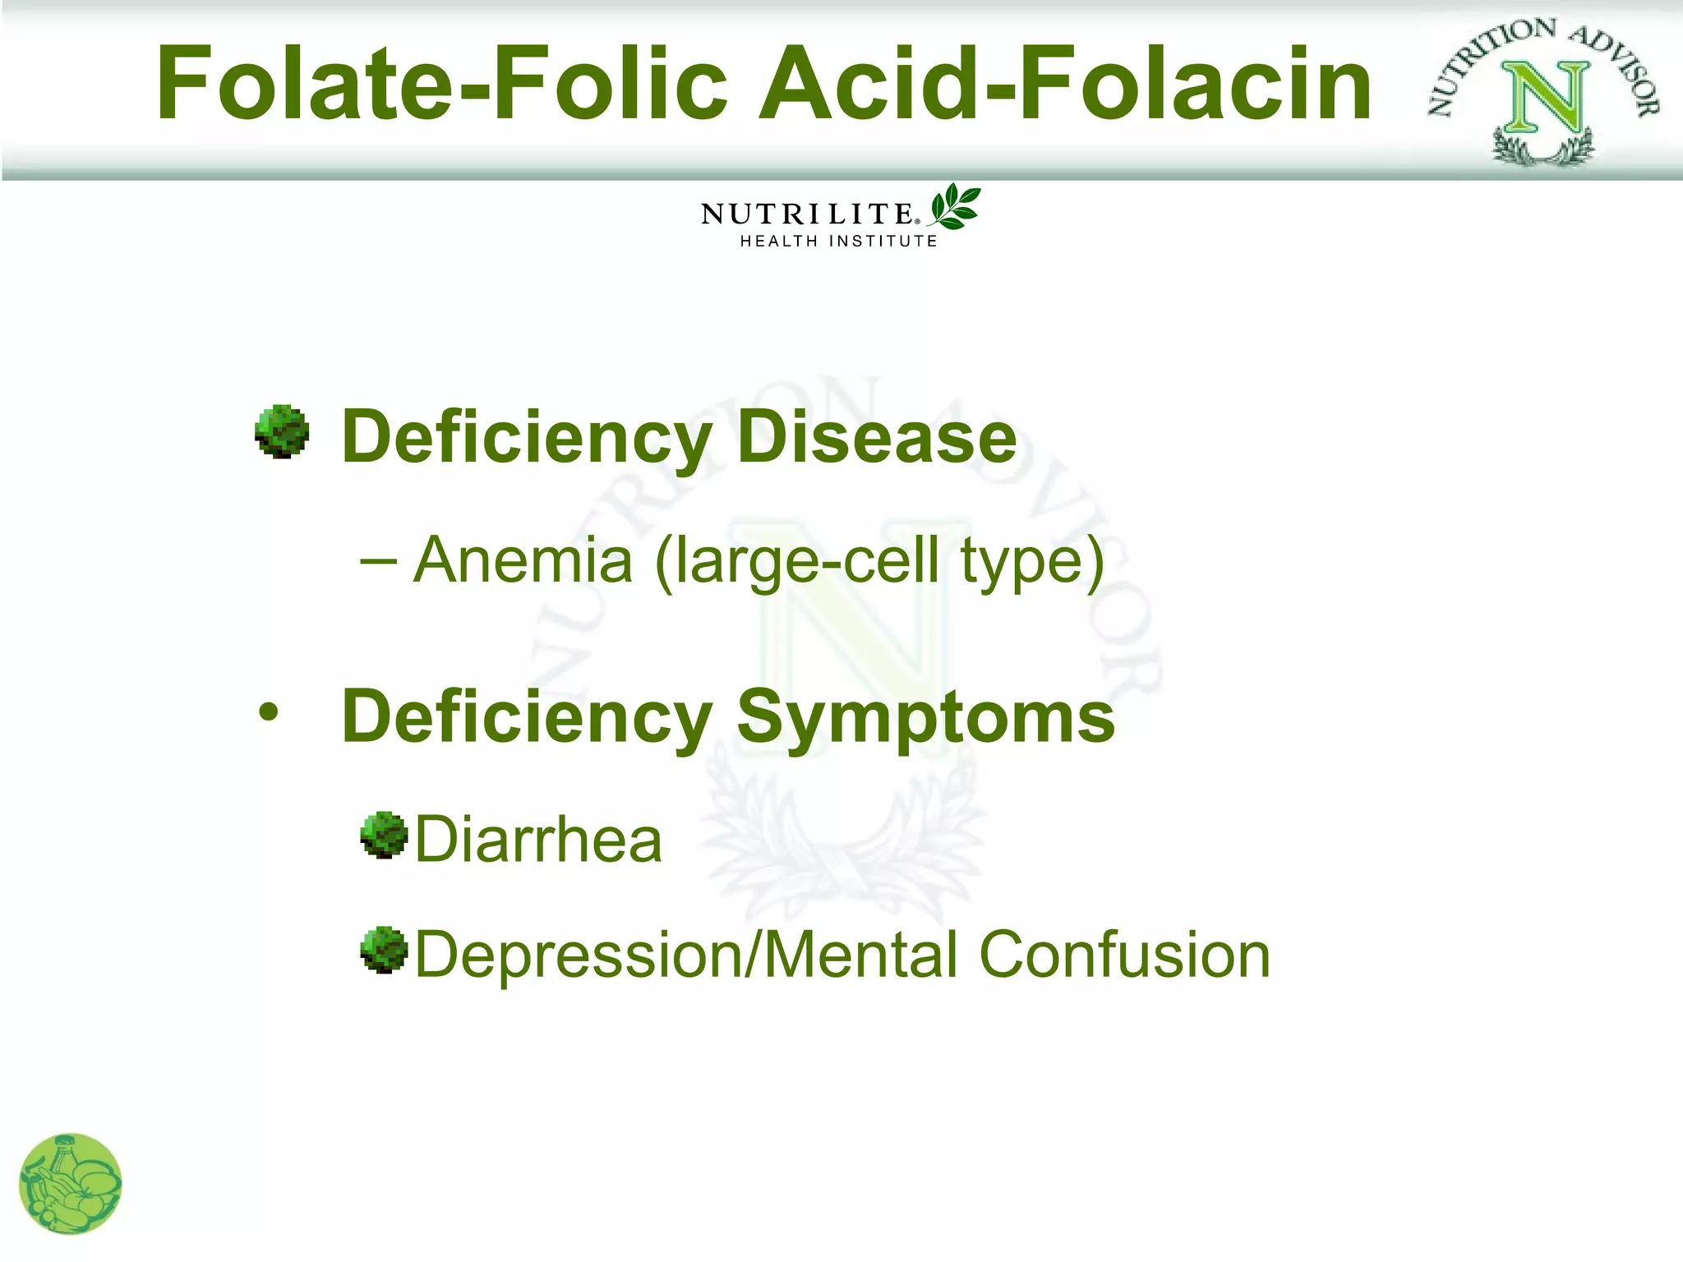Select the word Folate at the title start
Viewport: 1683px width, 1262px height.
point(304,84)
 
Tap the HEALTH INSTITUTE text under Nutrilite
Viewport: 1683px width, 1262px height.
point(838,241)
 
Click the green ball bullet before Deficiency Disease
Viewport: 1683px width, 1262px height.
point(282,431)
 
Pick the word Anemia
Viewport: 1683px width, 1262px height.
point(523,560)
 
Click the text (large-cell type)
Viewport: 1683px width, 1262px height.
point(879,562)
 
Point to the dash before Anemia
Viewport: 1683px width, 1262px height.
point(379,562)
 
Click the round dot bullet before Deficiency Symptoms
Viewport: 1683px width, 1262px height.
point(268,712)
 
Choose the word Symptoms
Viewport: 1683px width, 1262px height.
point(925,717)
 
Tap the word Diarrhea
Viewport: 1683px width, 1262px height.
point(538,840)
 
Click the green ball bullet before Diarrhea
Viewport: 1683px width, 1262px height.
point(384,836)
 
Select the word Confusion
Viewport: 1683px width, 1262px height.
point(1125,955)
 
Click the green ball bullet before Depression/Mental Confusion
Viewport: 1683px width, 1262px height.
point(384,951)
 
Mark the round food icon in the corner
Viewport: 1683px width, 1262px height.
point(71,1184)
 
